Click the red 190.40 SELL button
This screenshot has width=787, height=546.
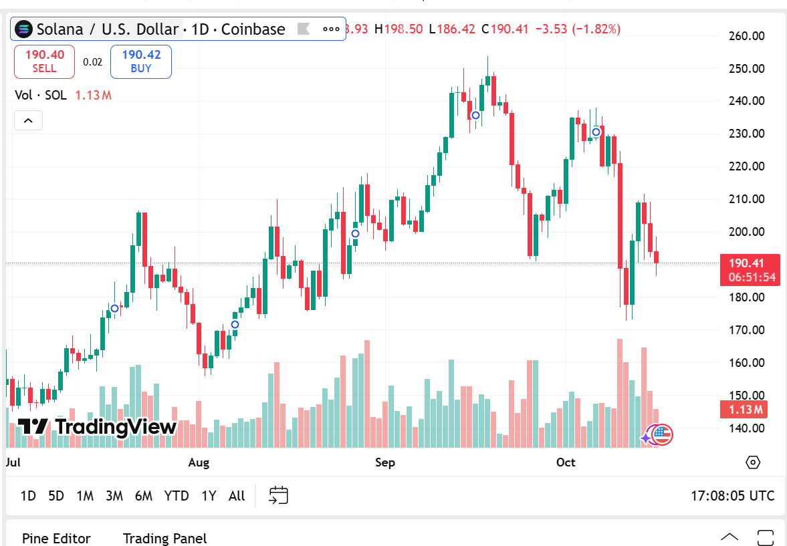tap(44, 61)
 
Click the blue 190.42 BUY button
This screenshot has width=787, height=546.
tap(141, 61)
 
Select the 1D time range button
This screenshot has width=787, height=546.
tap(28, 496)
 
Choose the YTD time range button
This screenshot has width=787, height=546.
tap(177, 496)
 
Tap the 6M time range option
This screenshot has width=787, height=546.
tap(143, 496)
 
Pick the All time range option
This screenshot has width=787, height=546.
tap(237, 496)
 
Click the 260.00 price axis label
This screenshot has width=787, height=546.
tap(746, 36)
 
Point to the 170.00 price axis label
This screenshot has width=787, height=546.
tap(746, 329)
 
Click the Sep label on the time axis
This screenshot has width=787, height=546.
tap(385, 462)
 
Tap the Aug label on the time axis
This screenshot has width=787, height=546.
tap(199, 462)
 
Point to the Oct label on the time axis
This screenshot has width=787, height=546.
tap(566, 462)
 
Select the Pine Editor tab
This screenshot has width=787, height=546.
tap(56, 538)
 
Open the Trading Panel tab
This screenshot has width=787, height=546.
tap(165, 538)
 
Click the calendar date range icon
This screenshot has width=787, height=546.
tap(278, 495)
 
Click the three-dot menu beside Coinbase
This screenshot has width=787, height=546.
tap(331, 29)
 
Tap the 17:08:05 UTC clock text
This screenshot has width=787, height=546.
tap(732, 496)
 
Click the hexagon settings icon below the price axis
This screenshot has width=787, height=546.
tap(754, 462)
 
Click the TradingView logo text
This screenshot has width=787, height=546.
tap(98, 426)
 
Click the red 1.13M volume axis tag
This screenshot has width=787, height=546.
tap(748, 410)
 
